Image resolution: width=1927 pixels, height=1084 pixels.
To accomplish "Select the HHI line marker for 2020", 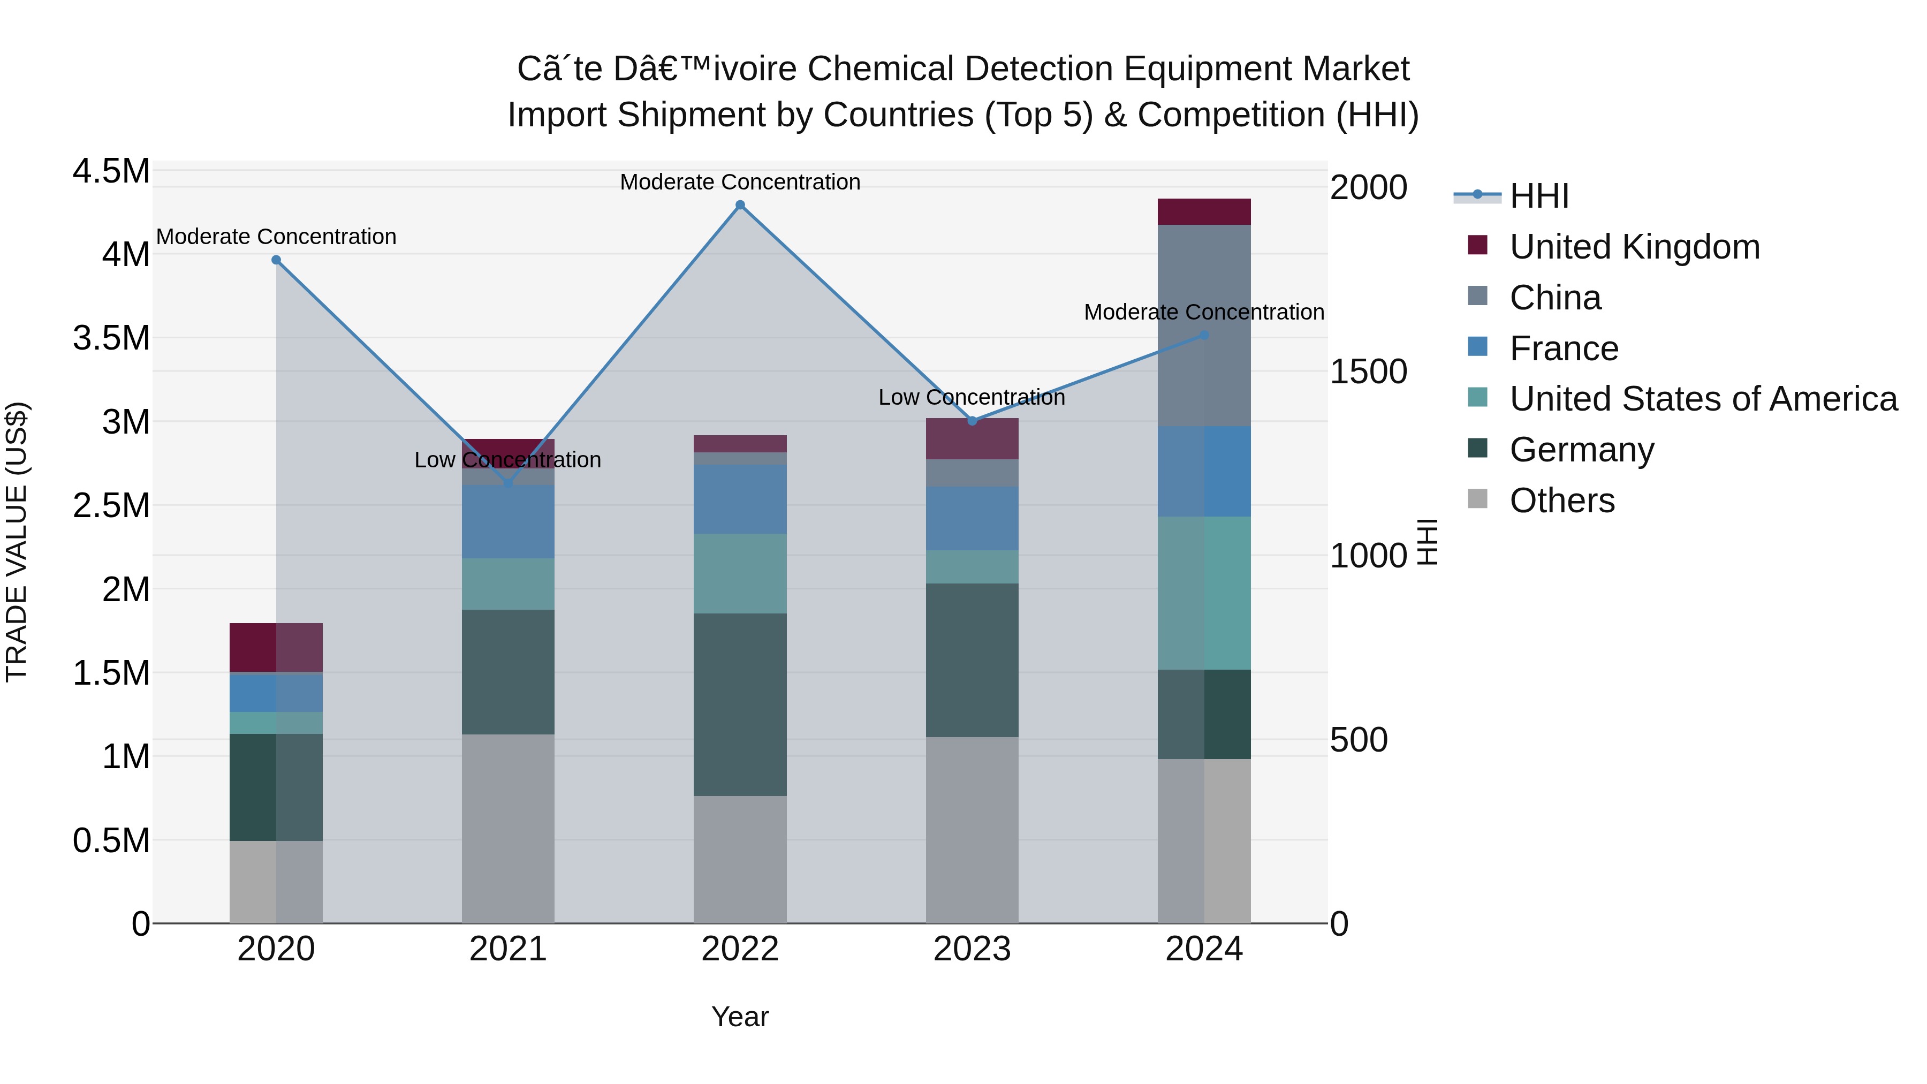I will [x=276, y=260].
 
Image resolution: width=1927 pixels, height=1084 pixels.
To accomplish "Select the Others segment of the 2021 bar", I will [x=508, y=828].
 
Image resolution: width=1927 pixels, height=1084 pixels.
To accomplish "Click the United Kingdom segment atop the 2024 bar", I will [x=1204, y=211].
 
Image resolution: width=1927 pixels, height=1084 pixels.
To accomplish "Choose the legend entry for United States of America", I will [x=1703, y=399].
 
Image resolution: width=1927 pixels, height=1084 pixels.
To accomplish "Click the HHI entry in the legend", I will [x=1539, y=196].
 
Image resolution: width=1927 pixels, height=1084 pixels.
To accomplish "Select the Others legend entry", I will [x=1561, y=501].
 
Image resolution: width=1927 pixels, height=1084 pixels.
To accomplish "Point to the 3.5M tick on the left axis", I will [x=111, y=338].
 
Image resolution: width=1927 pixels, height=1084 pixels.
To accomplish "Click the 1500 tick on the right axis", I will [x=1368, y=372].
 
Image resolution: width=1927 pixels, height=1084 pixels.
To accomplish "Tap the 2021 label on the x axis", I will [x=508, y=949].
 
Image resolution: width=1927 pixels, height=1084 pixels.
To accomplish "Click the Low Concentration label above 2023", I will [x=971, y=397].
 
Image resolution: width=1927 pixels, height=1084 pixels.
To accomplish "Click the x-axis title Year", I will [x=740, y=1017].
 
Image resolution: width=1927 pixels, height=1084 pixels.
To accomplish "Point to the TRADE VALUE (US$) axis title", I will [x=17, y=542].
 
